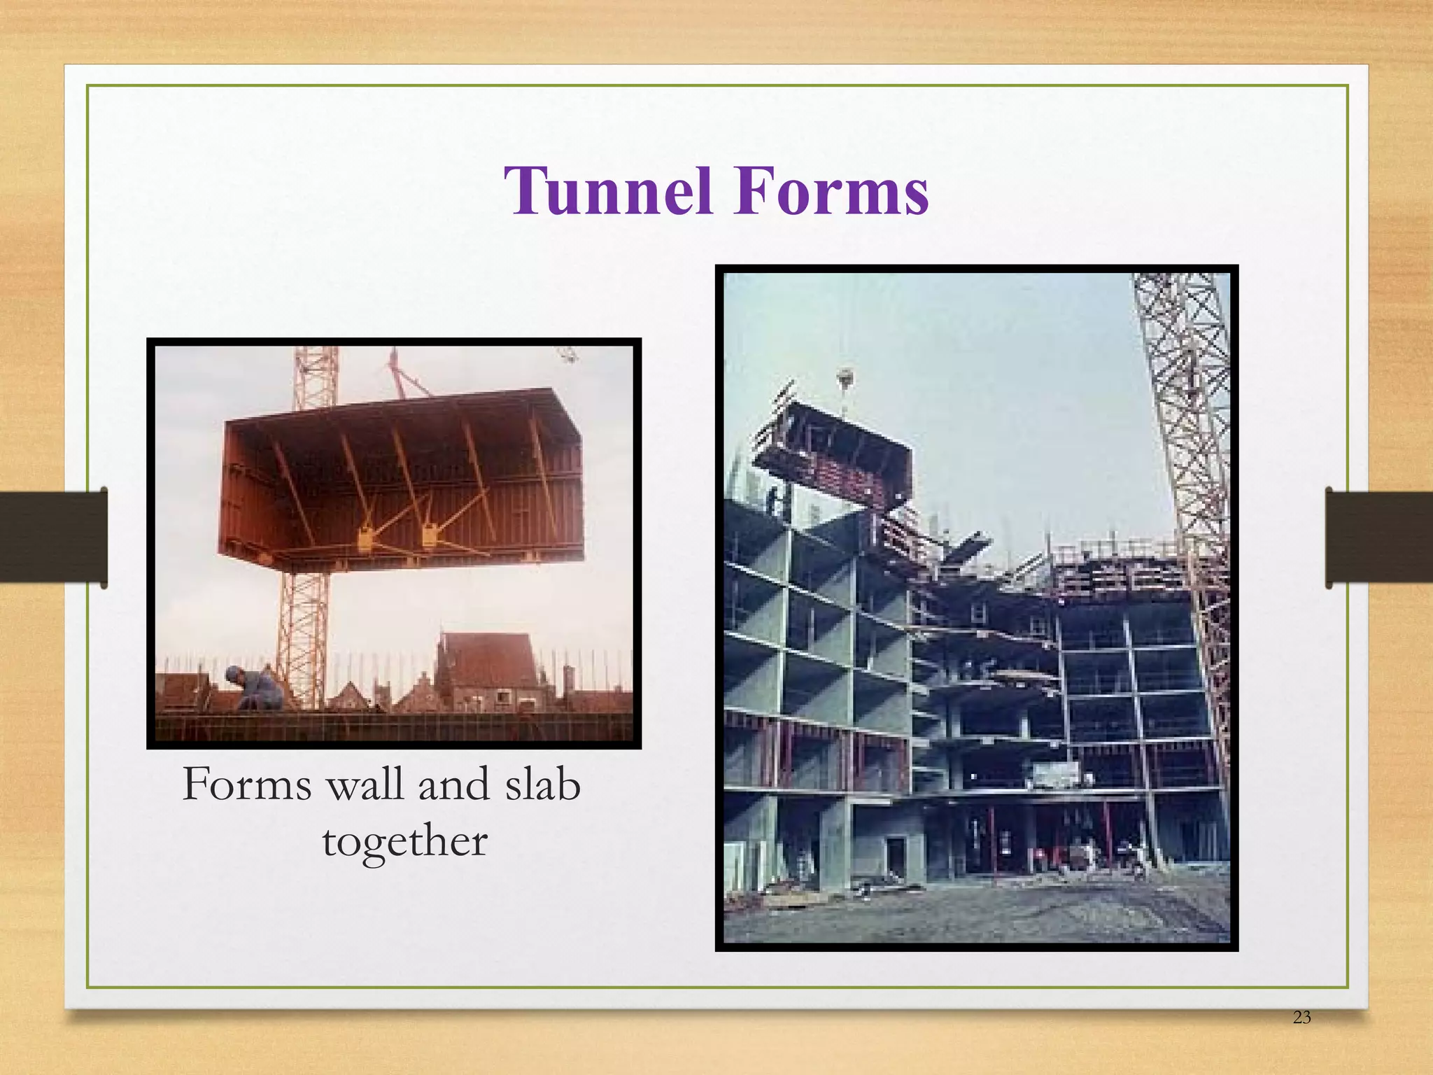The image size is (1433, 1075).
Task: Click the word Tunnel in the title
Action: tap(607, 191)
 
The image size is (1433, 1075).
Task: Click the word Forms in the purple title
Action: tap(831, 191)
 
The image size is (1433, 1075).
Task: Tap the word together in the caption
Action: tap(404, 841)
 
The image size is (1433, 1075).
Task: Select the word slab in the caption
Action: tap(542, 784)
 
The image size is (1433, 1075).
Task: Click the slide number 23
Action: tap(1301, 1037)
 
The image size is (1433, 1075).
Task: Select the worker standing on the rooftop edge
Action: tap(773, 502)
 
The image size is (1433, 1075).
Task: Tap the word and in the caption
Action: tap(453, 784)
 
